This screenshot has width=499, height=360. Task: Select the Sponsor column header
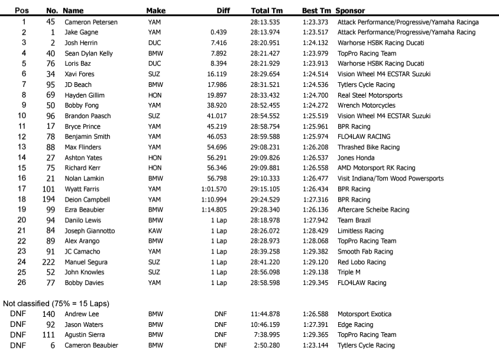click(x=350, y=11)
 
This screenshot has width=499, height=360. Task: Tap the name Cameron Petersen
click(x=90, y=22)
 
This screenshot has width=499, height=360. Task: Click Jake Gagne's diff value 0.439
click(x=219, y=33)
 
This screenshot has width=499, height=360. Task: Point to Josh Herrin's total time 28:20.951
click(x=265, y=43)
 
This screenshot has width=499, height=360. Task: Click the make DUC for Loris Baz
click(x=154, y=64)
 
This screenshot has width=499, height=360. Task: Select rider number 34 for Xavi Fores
click(x=51, y=74)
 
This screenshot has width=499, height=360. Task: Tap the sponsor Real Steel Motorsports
click(x=370, y=95)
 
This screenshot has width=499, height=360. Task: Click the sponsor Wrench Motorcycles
click(x=366, y=106)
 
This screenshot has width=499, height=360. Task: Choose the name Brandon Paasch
click(x=88, y=116)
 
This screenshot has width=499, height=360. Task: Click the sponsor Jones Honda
click(x=356, y=158)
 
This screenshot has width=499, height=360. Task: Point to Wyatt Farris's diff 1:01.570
click(x=213, y=189)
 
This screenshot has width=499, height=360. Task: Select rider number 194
click(x=48, y=200)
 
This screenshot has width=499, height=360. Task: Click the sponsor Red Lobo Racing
click(x=361, y=262)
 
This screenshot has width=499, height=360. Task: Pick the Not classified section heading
click(x=56, y=303)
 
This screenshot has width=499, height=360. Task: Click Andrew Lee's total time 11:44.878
click(x=265, y=314)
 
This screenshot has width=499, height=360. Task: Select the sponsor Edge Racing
click(x=355, y=325)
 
